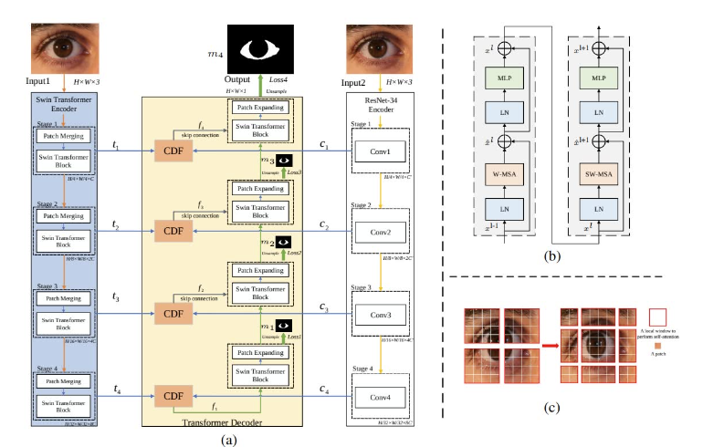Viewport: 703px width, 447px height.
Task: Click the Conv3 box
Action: click(379, 317)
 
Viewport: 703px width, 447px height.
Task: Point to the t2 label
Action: click(114, 224)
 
